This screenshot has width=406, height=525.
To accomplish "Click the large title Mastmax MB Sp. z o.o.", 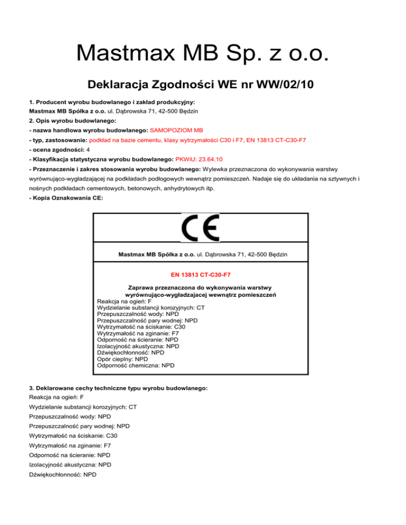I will click(x=203, y=53).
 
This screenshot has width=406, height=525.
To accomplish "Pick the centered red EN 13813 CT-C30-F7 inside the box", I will click(x=203, y=275).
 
